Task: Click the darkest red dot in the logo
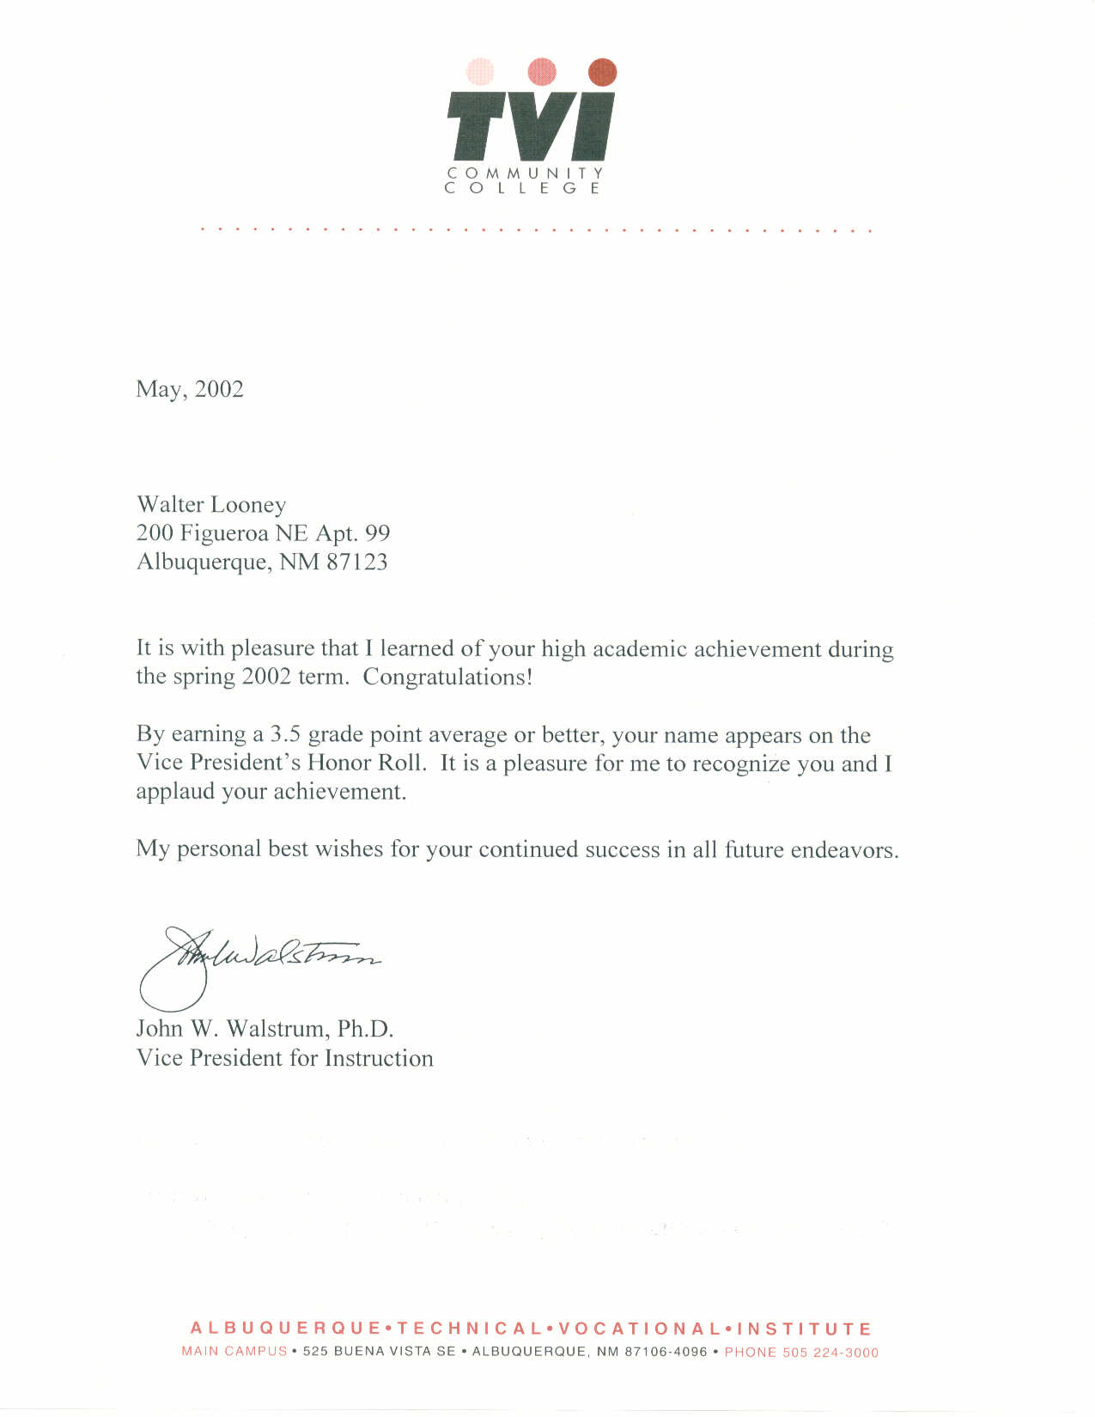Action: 603,72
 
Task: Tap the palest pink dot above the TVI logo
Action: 480,71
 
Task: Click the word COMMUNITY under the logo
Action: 525,173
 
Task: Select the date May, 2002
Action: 190,390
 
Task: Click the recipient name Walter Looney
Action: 211,505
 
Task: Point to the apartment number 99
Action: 378,533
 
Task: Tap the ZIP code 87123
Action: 356,563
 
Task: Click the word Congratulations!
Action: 447,677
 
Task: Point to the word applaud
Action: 175,792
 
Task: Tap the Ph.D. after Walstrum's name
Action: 365,1029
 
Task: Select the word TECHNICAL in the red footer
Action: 470,1329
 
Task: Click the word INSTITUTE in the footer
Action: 805,1329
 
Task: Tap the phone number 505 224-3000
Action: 830,1353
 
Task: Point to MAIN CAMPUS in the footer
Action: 234,1352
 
